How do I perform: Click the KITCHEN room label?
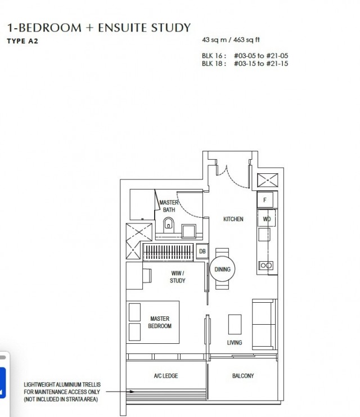click(233, 219)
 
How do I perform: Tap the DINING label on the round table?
click(222, 270)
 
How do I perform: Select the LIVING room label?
click(235, 343)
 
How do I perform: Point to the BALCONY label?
click(243, 376)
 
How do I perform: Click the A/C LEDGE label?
click(165, 376)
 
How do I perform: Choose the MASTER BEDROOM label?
click(160, 322)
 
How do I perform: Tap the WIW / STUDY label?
click(178, 277)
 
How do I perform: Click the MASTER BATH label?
click(169, 206)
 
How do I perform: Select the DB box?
click(202, 252)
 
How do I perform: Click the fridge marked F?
click(265, 200)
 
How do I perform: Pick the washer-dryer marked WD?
click(267, 219)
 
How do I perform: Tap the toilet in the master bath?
click(168, 225)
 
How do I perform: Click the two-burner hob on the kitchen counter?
click(266, 266)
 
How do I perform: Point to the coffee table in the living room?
click(235, 325)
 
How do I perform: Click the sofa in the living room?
click(264, 324)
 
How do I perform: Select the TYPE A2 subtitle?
click(22, 41)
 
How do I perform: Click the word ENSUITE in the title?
click(122, 28)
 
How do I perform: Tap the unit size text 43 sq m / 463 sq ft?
click(231, 40)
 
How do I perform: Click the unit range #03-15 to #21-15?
click(261, 64)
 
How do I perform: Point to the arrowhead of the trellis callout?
click(132, 392)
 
